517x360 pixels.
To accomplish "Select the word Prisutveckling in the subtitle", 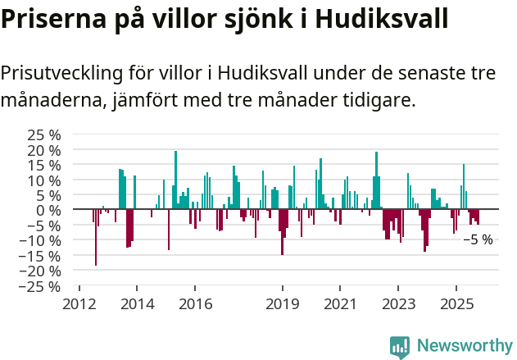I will [x=61, y=73].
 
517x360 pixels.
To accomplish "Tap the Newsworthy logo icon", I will [x=400, y=346].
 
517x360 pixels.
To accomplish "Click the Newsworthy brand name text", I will [x=464, y=346].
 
